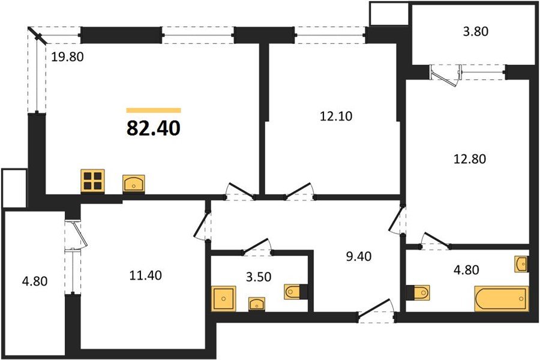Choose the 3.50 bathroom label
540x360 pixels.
point(243,278)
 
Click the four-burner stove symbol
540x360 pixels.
point(92,181)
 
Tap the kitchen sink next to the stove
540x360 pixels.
point(133,183)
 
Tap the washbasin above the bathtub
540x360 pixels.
point(521,263)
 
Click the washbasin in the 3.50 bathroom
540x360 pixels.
point(257,304)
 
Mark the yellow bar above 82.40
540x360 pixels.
point(154,110)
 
